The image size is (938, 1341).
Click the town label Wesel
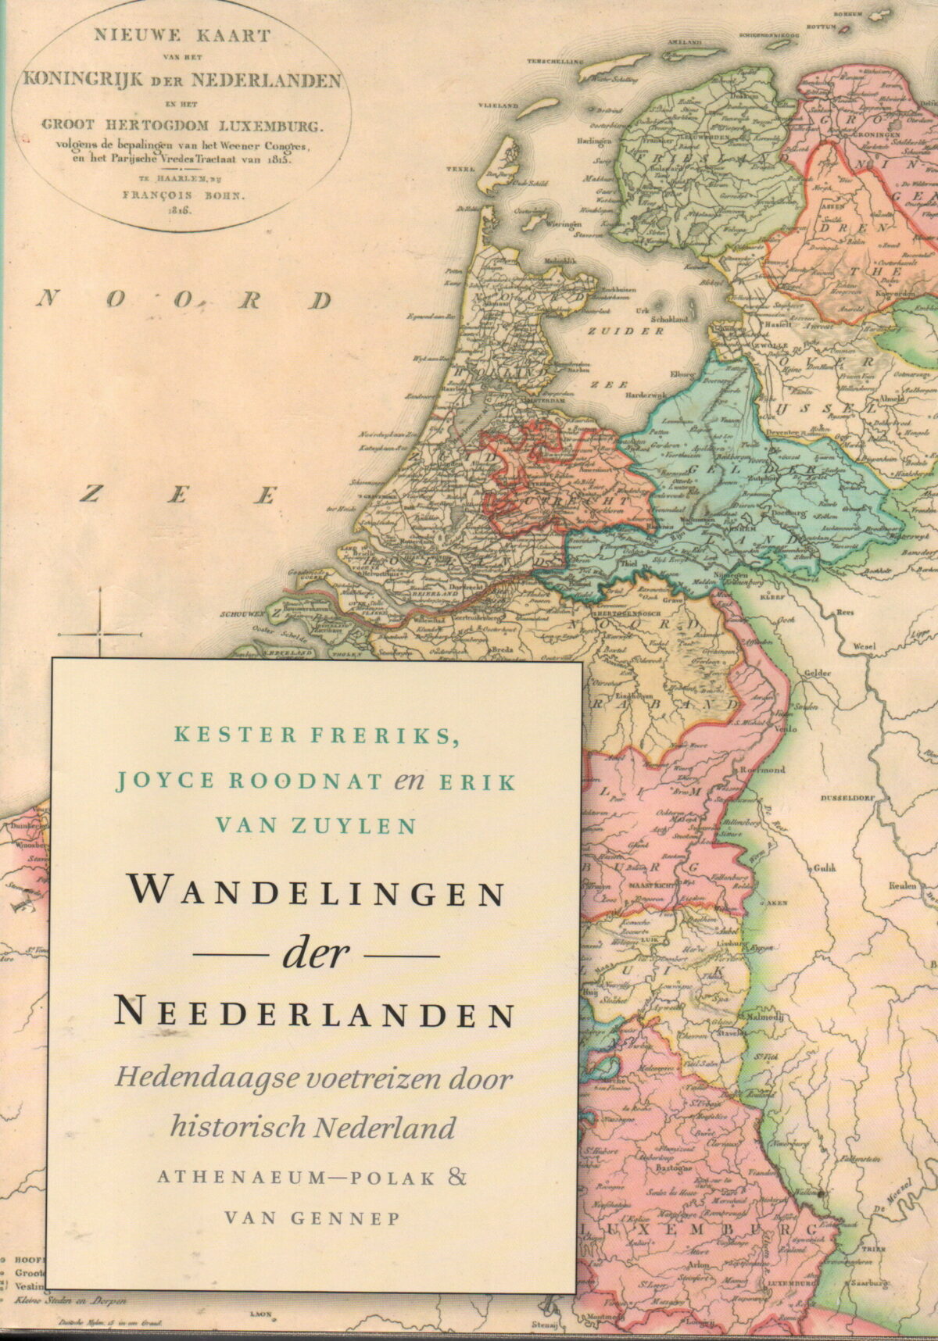865,645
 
